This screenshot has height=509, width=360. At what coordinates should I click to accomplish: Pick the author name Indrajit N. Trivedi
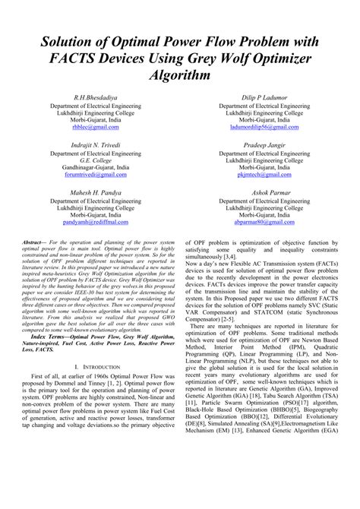click(96, 144)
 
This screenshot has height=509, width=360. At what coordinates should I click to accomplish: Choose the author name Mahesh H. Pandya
click(96, 193)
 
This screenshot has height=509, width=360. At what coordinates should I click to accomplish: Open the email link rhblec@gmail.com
click(96, 128)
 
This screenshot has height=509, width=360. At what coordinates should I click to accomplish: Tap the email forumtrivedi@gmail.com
click(96, 175)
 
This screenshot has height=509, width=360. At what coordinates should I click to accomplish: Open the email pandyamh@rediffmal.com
click(96, 223)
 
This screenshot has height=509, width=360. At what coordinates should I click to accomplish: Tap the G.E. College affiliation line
click(96, 160)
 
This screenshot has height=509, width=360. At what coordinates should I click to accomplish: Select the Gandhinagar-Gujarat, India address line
click(96, 167)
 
